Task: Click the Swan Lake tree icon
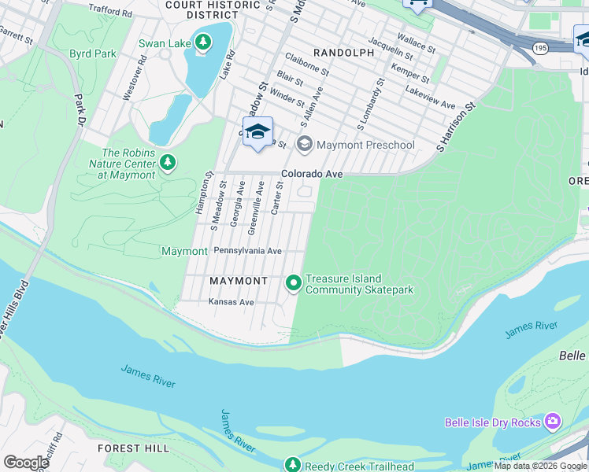click(203, 42)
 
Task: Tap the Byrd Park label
click(93, 53)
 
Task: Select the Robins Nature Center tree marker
click(167, 163)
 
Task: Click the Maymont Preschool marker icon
click(304, 145)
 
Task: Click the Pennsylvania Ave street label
click(247, 251)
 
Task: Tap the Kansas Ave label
click(231, 302)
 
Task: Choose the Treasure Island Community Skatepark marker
click(294, 282)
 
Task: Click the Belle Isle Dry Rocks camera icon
click(553, 422)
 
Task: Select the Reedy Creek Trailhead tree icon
click(292, 466)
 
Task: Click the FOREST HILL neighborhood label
click(133, 448)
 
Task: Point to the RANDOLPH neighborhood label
click(343, 53)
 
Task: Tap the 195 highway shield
click(540, 49)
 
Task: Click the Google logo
click(26, 463)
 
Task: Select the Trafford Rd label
click(110, 12)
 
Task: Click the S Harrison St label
click(457, 127)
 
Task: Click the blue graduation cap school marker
click(257, 132)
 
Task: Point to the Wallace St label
click(417, 42)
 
